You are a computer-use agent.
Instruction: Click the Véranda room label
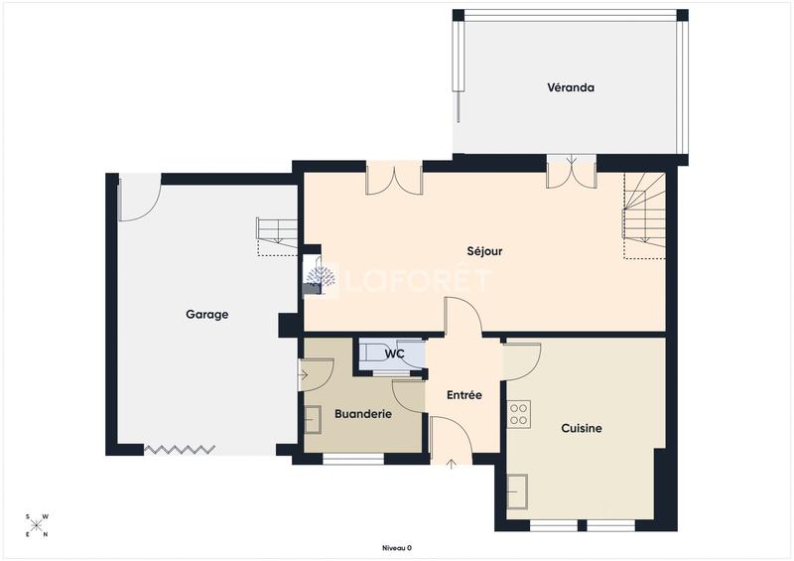pos(571,87)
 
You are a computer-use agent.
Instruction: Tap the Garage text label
pos(206,315)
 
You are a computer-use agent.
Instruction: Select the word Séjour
pos(484,251)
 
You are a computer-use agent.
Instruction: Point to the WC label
pos(394,353)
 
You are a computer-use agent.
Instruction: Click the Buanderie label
pos(362,413)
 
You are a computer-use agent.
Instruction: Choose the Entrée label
pos(463,395)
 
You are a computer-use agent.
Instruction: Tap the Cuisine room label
pos(582,429)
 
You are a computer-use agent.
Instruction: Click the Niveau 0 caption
pos(396,547)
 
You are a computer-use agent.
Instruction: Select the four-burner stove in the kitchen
pos(519,414)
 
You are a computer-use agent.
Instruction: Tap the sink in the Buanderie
pos(313,420)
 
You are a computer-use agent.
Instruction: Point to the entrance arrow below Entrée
pos(452,462)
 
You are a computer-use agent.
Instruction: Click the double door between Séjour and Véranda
pos(571,171)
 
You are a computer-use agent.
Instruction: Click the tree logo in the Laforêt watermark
pos(319,279)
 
